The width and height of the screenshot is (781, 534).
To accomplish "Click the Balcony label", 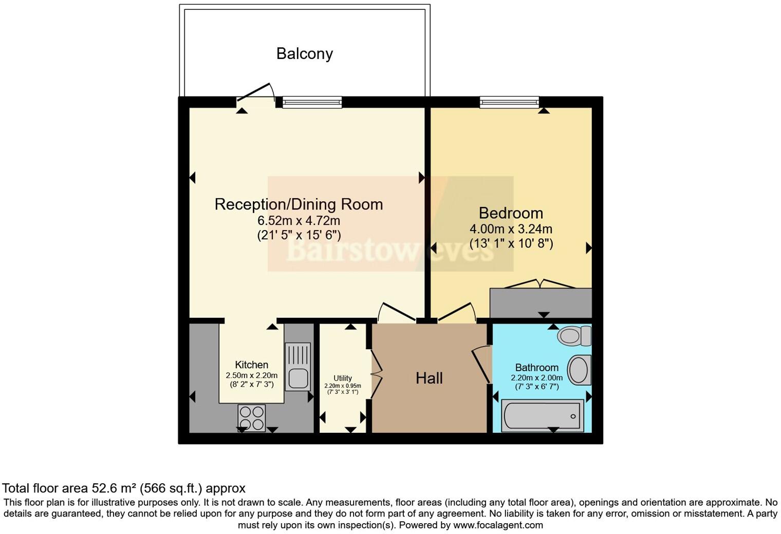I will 304,53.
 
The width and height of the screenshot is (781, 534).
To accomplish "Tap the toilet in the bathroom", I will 575,336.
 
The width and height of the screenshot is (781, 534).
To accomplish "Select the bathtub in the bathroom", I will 543,416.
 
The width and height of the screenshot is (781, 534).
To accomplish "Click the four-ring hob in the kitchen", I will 252,417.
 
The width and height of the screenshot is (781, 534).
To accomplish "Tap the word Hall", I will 429,378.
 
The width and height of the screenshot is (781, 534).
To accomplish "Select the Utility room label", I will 343,378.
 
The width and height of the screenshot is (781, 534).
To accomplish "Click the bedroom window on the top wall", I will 509,102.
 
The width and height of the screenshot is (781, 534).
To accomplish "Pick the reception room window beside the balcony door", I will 312,102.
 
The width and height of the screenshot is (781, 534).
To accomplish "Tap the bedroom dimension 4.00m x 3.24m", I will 511,229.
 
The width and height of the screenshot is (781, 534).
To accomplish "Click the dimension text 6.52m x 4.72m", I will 299,221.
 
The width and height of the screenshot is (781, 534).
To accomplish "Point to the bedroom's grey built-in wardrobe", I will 541,303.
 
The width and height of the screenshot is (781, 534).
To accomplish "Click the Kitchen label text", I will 252,365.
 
